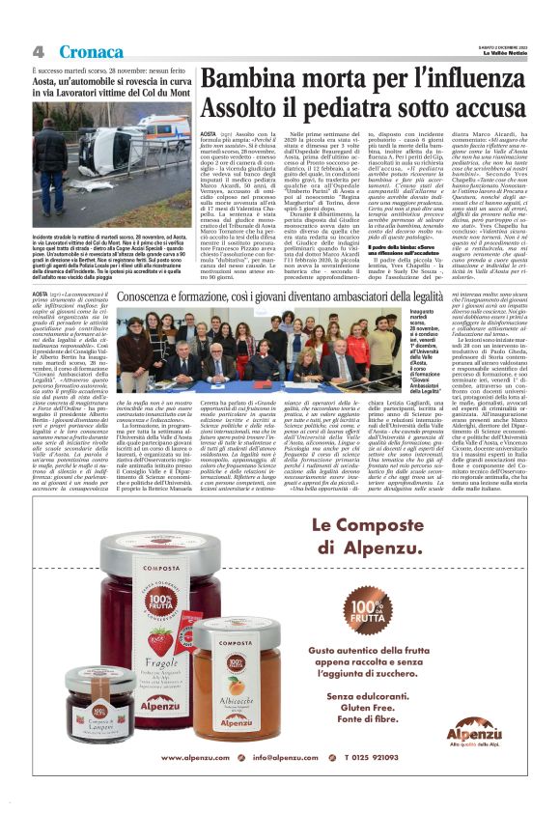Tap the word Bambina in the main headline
tap(248, 80)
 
